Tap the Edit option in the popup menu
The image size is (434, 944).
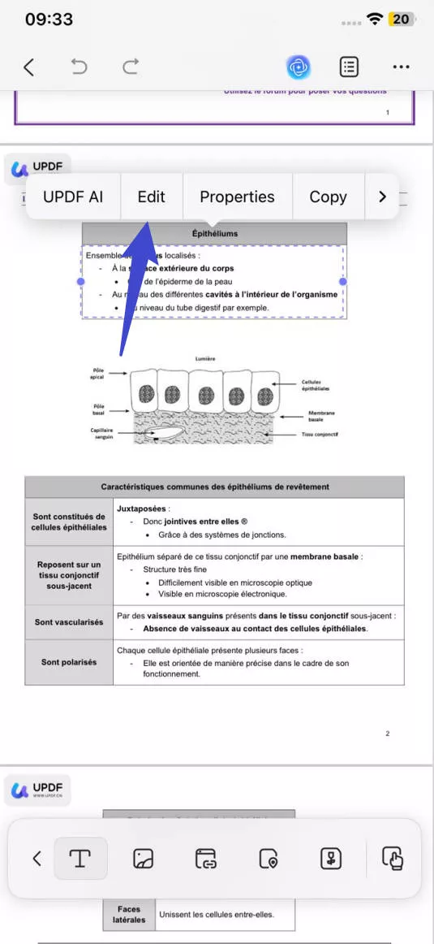point(151,197)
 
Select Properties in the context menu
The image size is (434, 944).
point(237,197)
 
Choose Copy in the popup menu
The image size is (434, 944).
point(328,197)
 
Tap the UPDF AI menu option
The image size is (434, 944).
point(73,197)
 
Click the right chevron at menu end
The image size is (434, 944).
point(382,197)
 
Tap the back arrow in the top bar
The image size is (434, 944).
point(29,67)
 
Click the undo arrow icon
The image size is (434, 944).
point(79,67)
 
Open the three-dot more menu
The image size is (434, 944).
point(401,67)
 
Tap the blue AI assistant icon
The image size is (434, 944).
point(299,67)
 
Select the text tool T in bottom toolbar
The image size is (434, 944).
point(80,858)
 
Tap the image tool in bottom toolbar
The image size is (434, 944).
point(144,858)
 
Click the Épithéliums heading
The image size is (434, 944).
point(214,234)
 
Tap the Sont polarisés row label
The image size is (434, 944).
point(69,662)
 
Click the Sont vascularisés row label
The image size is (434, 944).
point(69,622)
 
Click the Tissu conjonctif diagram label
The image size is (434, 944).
point(319,435)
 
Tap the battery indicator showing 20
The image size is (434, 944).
point(400,19)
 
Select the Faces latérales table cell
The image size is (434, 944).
point(129,914)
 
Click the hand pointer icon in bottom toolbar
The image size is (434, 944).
point(392,858)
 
